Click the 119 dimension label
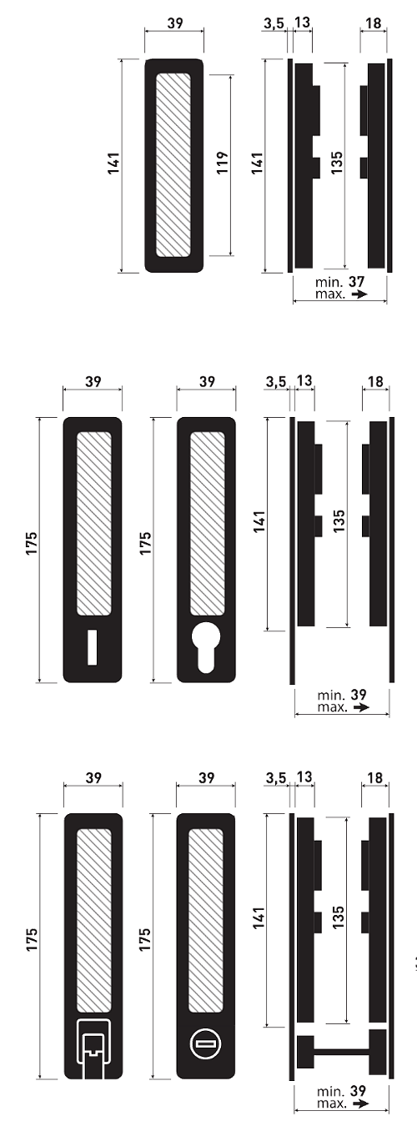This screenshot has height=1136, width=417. coord(223,163)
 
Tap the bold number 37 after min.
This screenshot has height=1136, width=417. coord(357,281)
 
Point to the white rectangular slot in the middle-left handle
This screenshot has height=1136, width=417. coord(92,647)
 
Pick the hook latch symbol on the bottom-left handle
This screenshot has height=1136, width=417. coord(93,1048)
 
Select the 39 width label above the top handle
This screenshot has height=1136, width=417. coord(175,23)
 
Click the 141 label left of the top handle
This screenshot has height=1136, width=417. coord(113,163)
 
